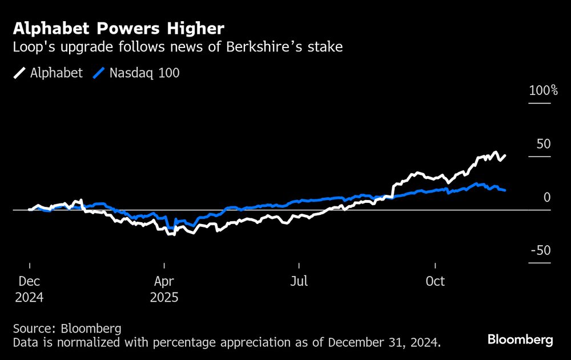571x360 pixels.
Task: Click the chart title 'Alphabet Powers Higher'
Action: (x=119, y=28)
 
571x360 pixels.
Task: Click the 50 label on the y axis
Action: (x=544, y=143)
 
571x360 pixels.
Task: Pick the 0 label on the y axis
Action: (x=546, y=197)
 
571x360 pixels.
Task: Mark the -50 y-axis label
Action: (x=540, y=250)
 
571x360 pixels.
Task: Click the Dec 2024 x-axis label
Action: (x=29, y=289)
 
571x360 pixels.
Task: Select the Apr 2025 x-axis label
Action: (x=164, y=289)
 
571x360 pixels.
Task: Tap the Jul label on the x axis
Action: (x=299, y=282)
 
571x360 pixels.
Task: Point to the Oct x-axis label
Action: (x=435, y=282)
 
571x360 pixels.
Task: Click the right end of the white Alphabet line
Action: (x=505, y=155)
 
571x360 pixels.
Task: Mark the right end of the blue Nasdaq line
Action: (x=505, y=190)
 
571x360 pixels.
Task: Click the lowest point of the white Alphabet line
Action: (x=170, y=235)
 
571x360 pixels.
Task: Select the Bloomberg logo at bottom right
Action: (x=520, y=339)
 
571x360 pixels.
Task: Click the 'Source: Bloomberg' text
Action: (x=67, y=329)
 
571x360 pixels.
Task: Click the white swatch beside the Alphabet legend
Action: (x=19, y=73)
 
